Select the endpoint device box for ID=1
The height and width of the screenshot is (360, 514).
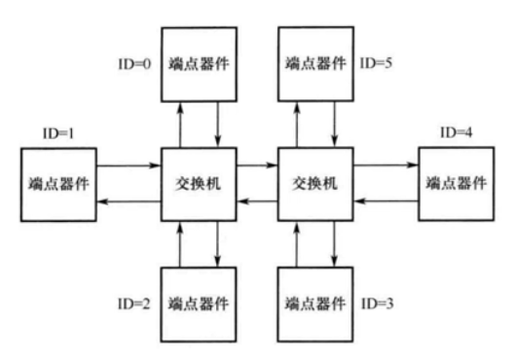[x=57, y=184]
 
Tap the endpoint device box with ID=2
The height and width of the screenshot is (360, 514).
[x=199, y=303]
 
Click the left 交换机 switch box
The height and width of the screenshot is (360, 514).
[x=199, y=184]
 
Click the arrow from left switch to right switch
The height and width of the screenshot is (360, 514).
[x=257, y=166]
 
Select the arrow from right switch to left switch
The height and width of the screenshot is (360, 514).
[x=257, y=200]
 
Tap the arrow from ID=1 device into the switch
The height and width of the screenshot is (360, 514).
[x=128, y=166]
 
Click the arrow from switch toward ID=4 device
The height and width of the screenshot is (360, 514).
[x=385, y=166]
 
